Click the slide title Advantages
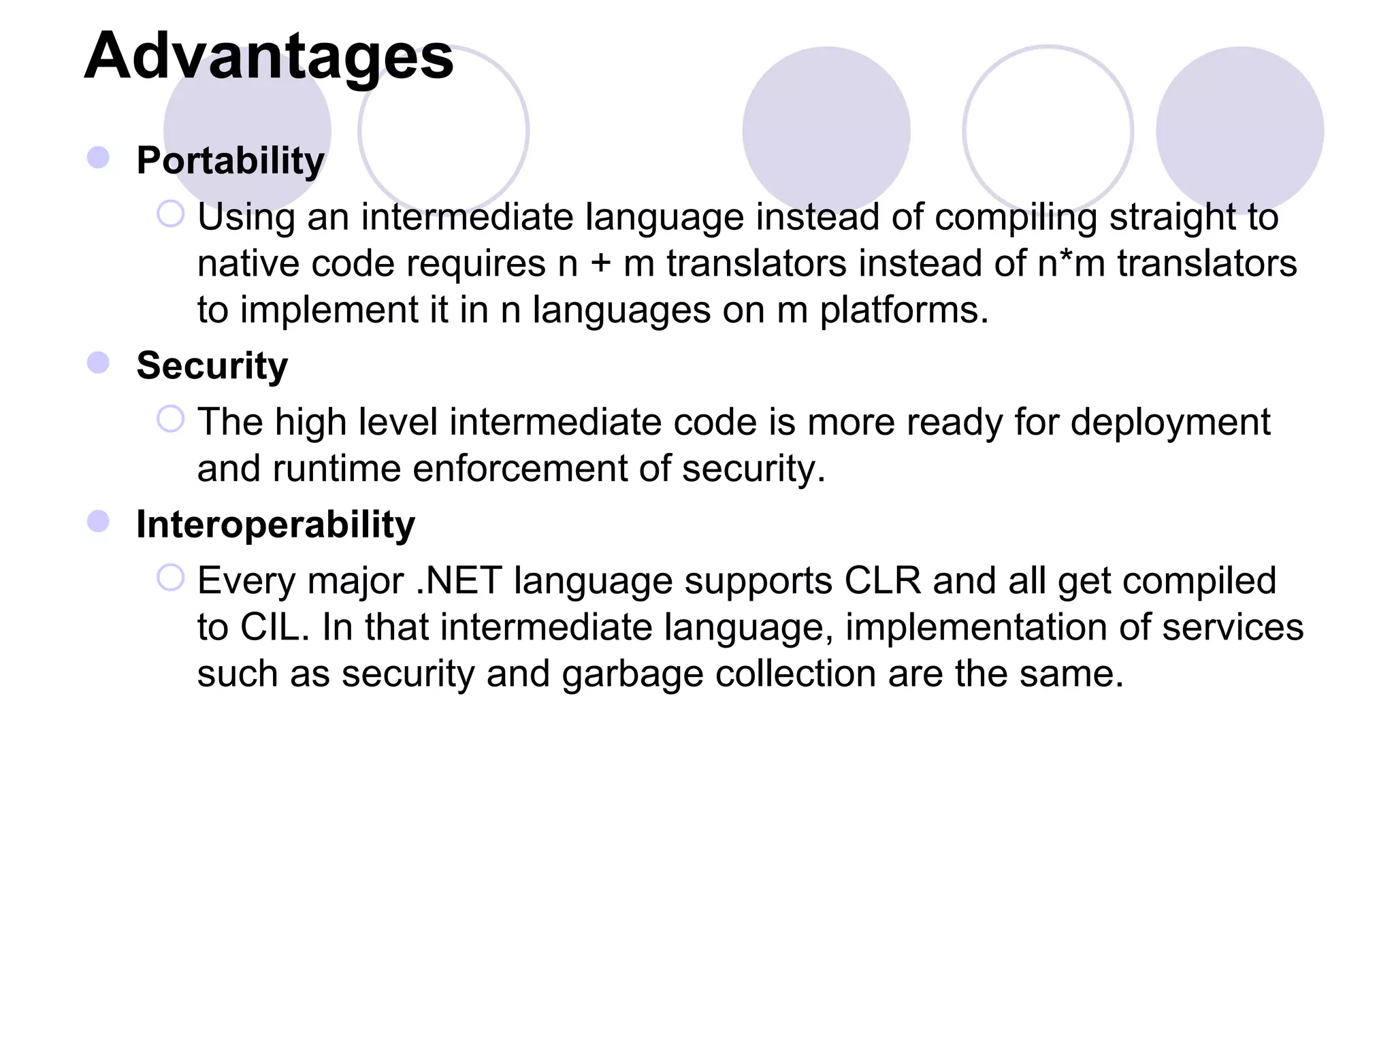coord(269,56)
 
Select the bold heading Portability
coord(230,161)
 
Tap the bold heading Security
coord(212,365)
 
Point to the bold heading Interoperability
coord(275,525)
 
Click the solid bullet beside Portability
coord(99,158)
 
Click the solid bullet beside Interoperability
coord(99,522)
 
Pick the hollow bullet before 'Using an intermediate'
coord(170,214)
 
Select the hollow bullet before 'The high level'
coord(170,419)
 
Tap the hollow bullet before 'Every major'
coord(170,578)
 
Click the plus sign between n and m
coord(600,264)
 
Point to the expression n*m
coord(1071,263)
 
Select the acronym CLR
coord(882,581)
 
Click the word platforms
coord(903,311)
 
